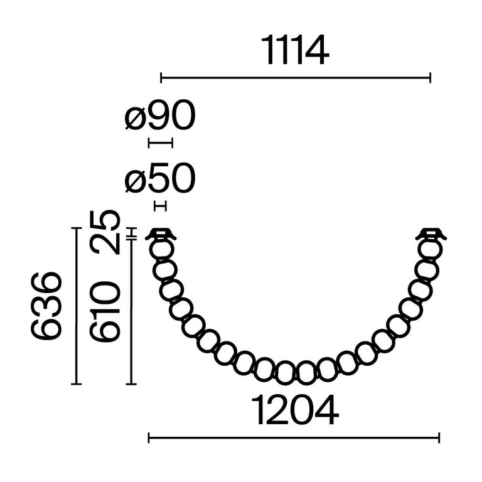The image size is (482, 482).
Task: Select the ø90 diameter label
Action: pyautogui.click(x=161, y=116)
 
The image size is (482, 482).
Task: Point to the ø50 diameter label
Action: pyautogui.click(x=161, y=180)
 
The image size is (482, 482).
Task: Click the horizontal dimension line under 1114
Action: pyautogui.click(x=296, y=78)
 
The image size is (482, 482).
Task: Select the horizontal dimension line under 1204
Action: pyautogui.click(x=294, y=437)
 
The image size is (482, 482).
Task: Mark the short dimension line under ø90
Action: pyautogui.click(x=160, y=143)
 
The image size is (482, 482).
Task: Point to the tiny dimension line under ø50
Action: pyautogui.click(x=161, y=205)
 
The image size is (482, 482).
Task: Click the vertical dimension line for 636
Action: pyautogui.click(x=76, y=306)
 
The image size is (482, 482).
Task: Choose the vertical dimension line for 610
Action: pyautogui.click(x=132, y=311)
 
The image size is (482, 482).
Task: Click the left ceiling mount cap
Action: pyautogui.click(x=161, y=235)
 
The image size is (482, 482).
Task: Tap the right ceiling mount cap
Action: pyautogui.click(x=431, y=235)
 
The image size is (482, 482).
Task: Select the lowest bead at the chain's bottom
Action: pyautogui.click(x=305, y=373)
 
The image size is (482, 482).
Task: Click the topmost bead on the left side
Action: pyautogui.click(x=161, y=249)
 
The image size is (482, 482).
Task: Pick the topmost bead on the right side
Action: pyautogui.click(x=431, y=249)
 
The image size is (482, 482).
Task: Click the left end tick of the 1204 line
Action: pyautogui.click(x=149, y=437)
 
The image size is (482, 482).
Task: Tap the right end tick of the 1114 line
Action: pyautogui.click(x=430, y=78)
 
